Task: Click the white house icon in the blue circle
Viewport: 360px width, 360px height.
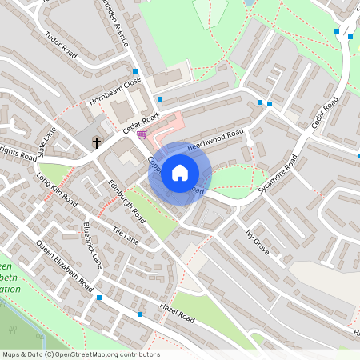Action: coord(180,173)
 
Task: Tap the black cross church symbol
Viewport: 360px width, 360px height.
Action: coord(97,143)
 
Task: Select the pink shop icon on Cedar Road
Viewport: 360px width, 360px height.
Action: coord(142,134)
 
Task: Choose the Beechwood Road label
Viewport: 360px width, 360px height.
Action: coord(215,141)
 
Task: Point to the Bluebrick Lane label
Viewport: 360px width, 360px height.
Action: coord(93,245)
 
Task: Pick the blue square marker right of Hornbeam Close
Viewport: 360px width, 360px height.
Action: coord(160,99)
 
